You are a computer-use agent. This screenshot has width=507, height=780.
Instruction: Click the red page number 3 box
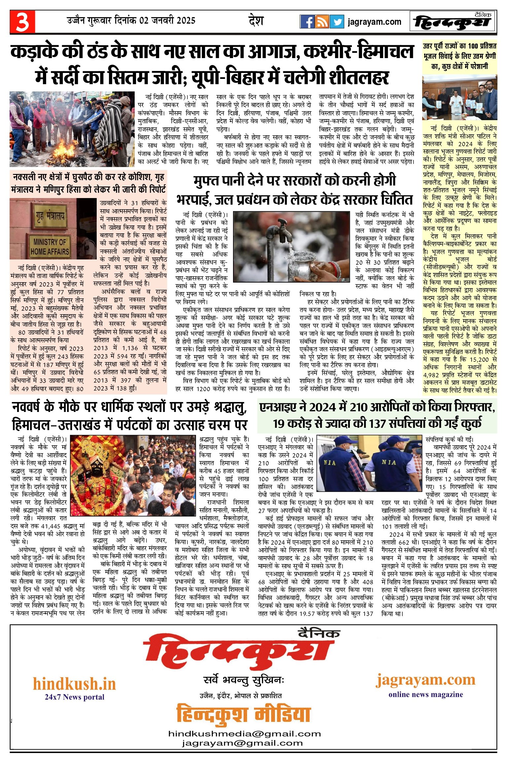point(22,22)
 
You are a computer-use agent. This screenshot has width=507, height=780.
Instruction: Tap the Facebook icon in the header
point(307,22)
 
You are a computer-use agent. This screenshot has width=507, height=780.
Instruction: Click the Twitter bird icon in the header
point(337,22)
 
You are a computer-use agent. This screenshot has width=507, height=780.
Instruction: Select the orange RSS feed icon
point(322,22)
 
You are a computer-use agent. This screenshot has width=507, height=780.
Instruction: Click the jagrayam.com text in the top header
point(374,22)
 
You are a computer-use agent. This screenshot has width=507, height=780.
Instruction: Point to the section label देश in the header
point(256,21)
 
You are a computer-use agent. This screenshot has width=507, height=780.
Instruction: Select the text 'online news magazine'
point(425,694)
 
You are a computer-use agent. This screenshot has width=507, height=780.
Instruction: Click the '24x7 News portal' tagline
point(74,697)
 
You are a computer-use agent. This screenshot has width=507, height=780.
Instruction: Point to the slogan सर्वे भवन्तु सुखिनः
point(244,680)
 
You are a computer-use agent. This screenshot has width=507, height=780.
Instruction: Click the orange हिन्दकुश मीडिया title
point(244,714)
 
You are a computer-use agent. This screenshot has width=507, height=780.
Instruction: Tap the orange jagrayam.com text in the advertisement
point(425,679)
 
